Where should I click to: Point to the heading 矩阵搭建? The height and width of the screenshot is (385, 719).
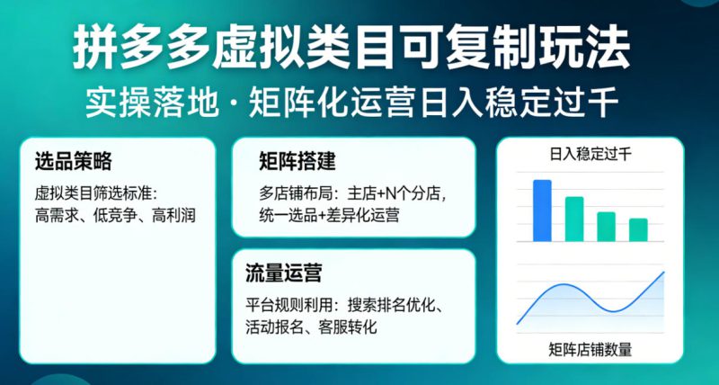click(x=297, y=162)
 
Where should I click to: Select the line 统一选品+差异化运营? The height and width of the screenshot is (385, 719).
click(x=330, y=215)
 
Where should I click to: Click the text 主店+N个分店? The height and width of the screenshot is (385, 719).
click(x=391, y=192)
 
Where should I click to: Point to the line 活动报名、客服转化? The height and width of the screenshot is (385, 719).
click(x=310, y=327)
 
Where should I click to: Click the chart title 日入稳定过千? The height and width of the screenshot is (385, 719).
click(x=590, y=155)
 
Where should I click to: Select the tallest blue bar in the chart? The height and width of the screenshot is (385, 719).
click(x=542, y=210)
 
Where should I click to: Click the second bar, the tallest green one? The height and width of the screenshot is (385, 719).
click(x=574, y=219)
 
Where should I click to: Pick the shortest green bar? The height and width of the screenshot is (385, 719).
click(x=638, y=229)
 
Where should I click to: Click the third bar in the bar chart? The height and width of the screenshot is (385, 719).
click(x=607, y=226)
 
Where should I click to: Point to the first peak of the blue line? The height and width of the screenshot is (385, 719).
click(x=562, y=286)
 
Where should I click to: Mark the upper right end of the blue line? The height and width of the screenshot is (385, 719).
click(x=663, y=272)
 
